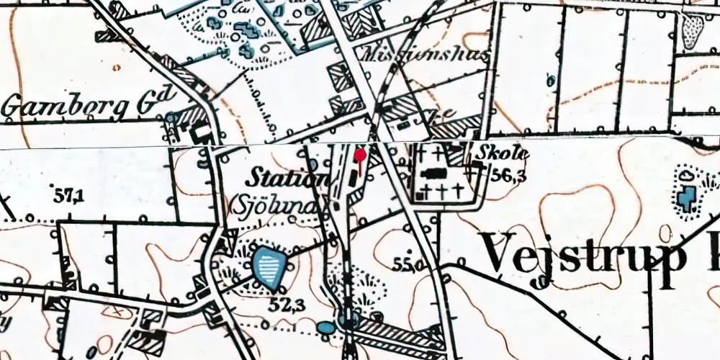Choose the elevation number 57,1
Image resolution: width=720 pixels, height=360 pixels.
(68, 193)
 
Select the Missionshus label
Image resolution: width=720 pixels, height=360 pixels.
(428, 55)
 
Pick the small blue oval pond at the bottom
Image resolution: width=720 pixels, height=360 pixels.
(326, 328)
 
